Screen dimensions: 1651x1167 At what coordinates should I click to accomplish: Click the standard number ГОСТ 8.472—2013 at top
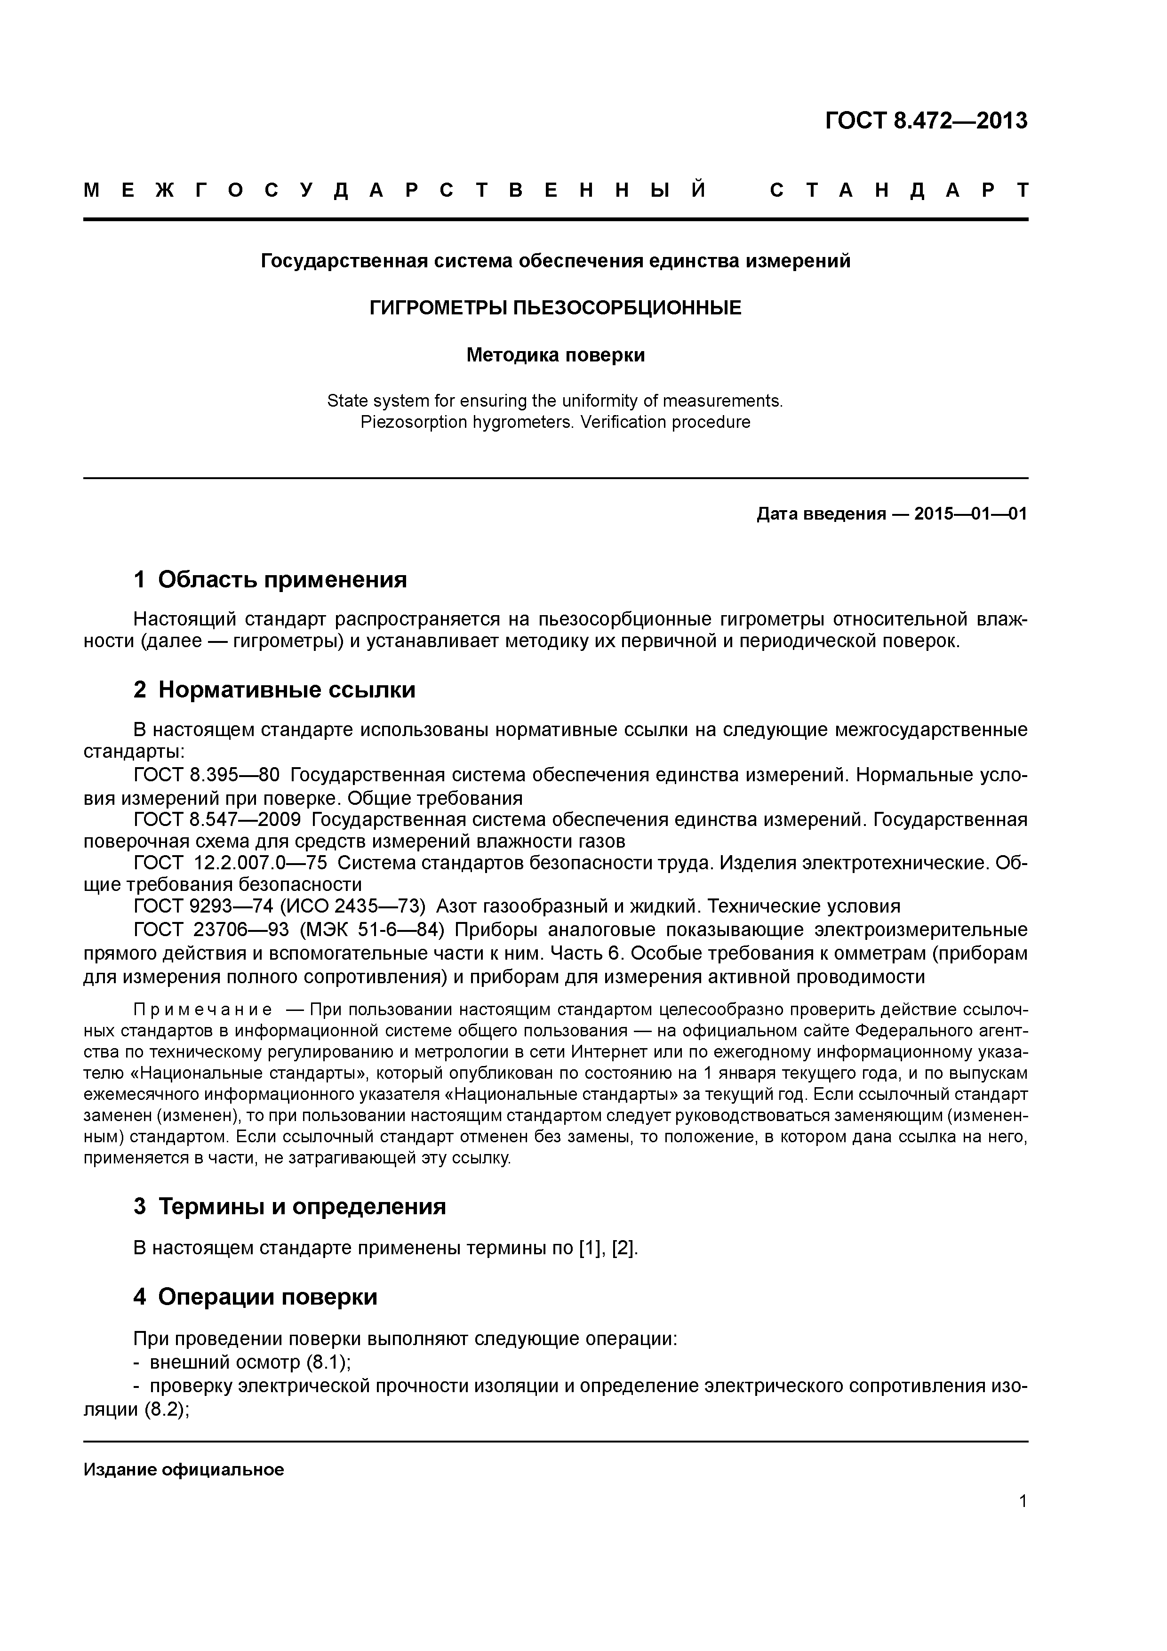tap(926, 121)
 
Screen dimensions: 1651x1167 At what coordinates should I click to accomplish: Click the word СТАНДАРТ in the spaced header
tap(899, 191)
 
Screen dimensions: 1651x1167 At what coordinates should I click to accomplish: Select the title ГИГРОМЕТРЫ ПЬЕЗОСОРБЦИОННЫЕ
tap(555, 308)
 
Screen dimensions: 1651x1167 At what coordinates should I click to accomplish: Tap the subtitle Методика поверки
tap(555, 355)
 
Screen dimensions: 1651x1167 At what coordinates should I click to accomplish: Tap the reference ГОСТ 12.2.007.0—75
tap(230, 863)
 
